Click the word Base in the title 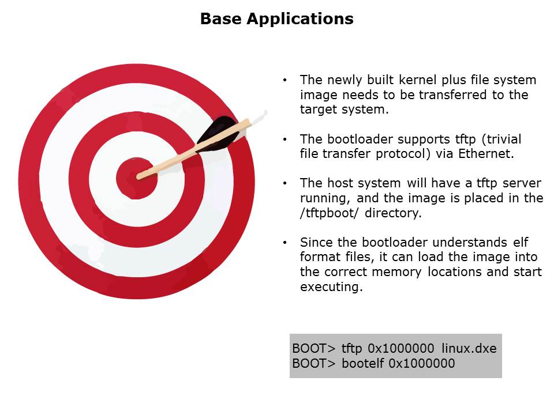(x=222, y=18)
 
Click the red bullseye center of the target (x=136, y=178)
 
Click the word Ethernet (x=486, y=154)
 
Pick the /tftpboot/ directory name (x=330, y=213)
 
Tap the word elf (x=521, y=243)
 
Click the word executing (x=331, y=287)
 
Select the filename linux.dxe (x=469, y=349)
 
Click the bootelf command (x=362, y=364)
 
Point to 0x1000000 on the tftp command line (x=400, y=349)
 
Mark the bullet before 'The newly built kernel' (x=285, y=80)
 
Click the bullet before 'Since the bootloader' (x=285, y=243)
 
